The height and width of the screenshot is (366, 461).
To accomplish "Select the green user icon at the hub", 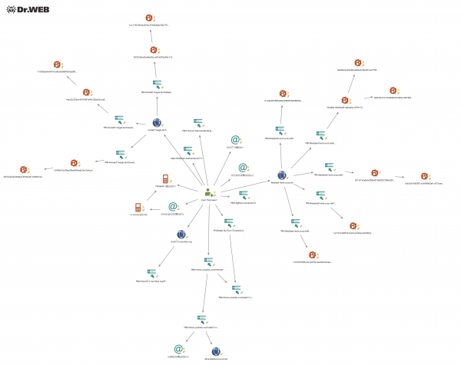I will (x=207, y=192).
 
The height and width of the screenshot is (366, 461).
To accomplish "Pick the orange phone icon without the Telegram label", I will (x=138, y=208).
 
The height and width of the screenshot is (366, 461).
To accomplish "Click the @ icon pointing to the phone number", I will (x=174, y=206).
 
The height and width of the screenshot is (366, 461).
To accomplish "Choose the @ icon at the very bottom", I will (x=178, y=349).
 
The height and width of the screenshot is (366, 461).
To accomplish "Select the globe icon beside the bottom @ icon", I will (x=216, y=351).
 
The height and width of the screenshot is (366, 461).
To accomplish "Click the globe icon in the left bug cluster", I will (x=157, y=122).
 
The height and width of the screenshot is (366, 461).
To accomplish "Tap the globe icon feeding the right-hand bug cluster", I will (x=282, y=175).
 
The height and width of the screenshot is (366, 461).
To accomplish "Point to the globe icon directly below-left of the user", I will (x=181, y=235).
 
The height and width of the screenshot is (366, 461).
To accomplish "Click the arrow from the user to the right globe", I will (x=246, y=184).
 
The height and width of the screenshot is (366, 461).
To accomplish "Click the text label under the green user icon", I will (x=207, y=200).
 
